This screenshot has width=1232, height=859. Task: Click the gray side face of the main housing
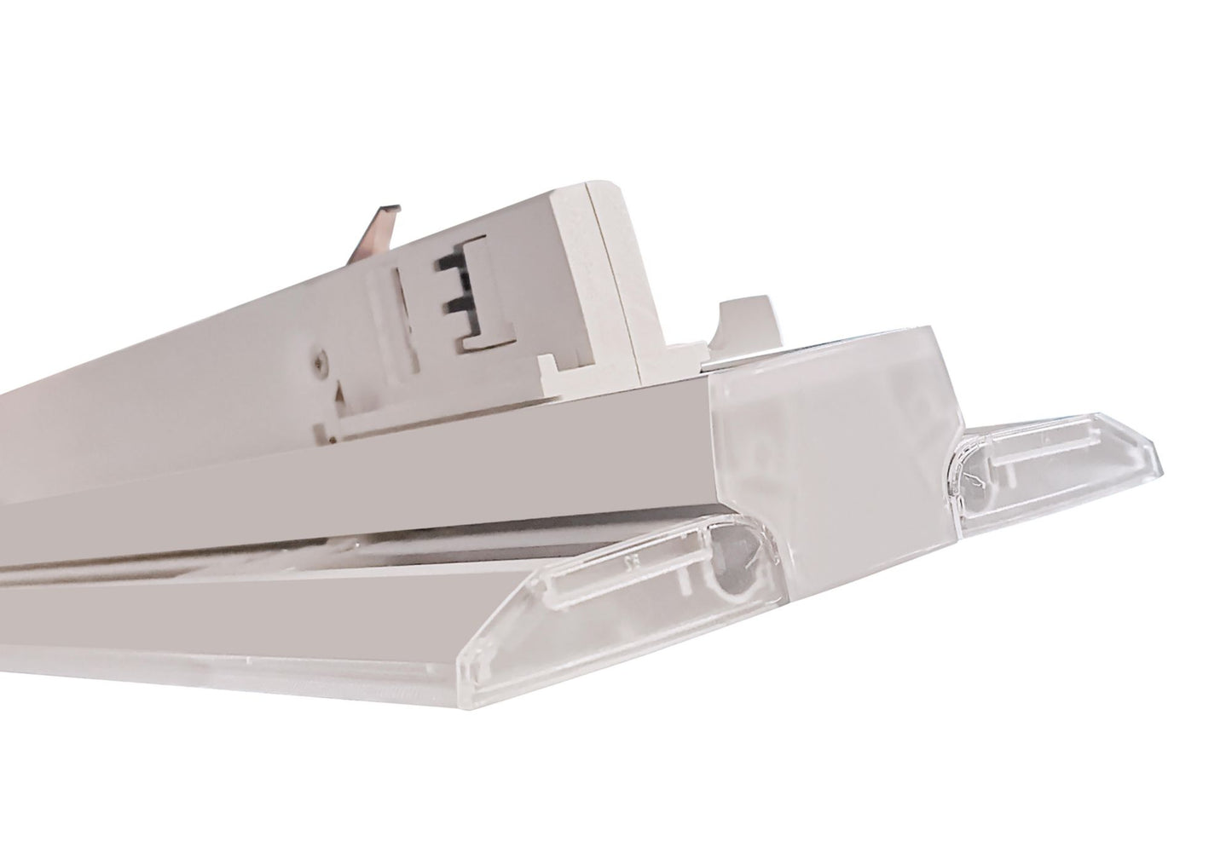[x=341, y=477]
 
